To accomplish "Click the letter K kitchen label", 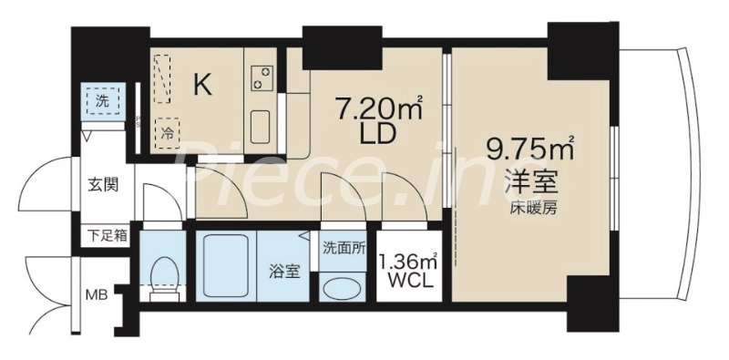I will pos(202,86).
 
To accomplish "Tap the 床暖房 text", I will pos(534,206).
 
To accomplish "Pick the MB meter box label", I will pos(97,294).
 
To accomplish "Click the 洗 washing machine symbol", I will pos(101,101).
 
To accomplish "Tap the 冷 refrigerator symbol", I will pos(168,131).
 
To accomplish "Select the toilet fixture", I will pos(165,274).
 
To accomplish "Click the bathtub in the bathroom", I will pos(225,267).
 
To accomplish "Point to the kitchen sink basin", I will pos(258,123).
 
